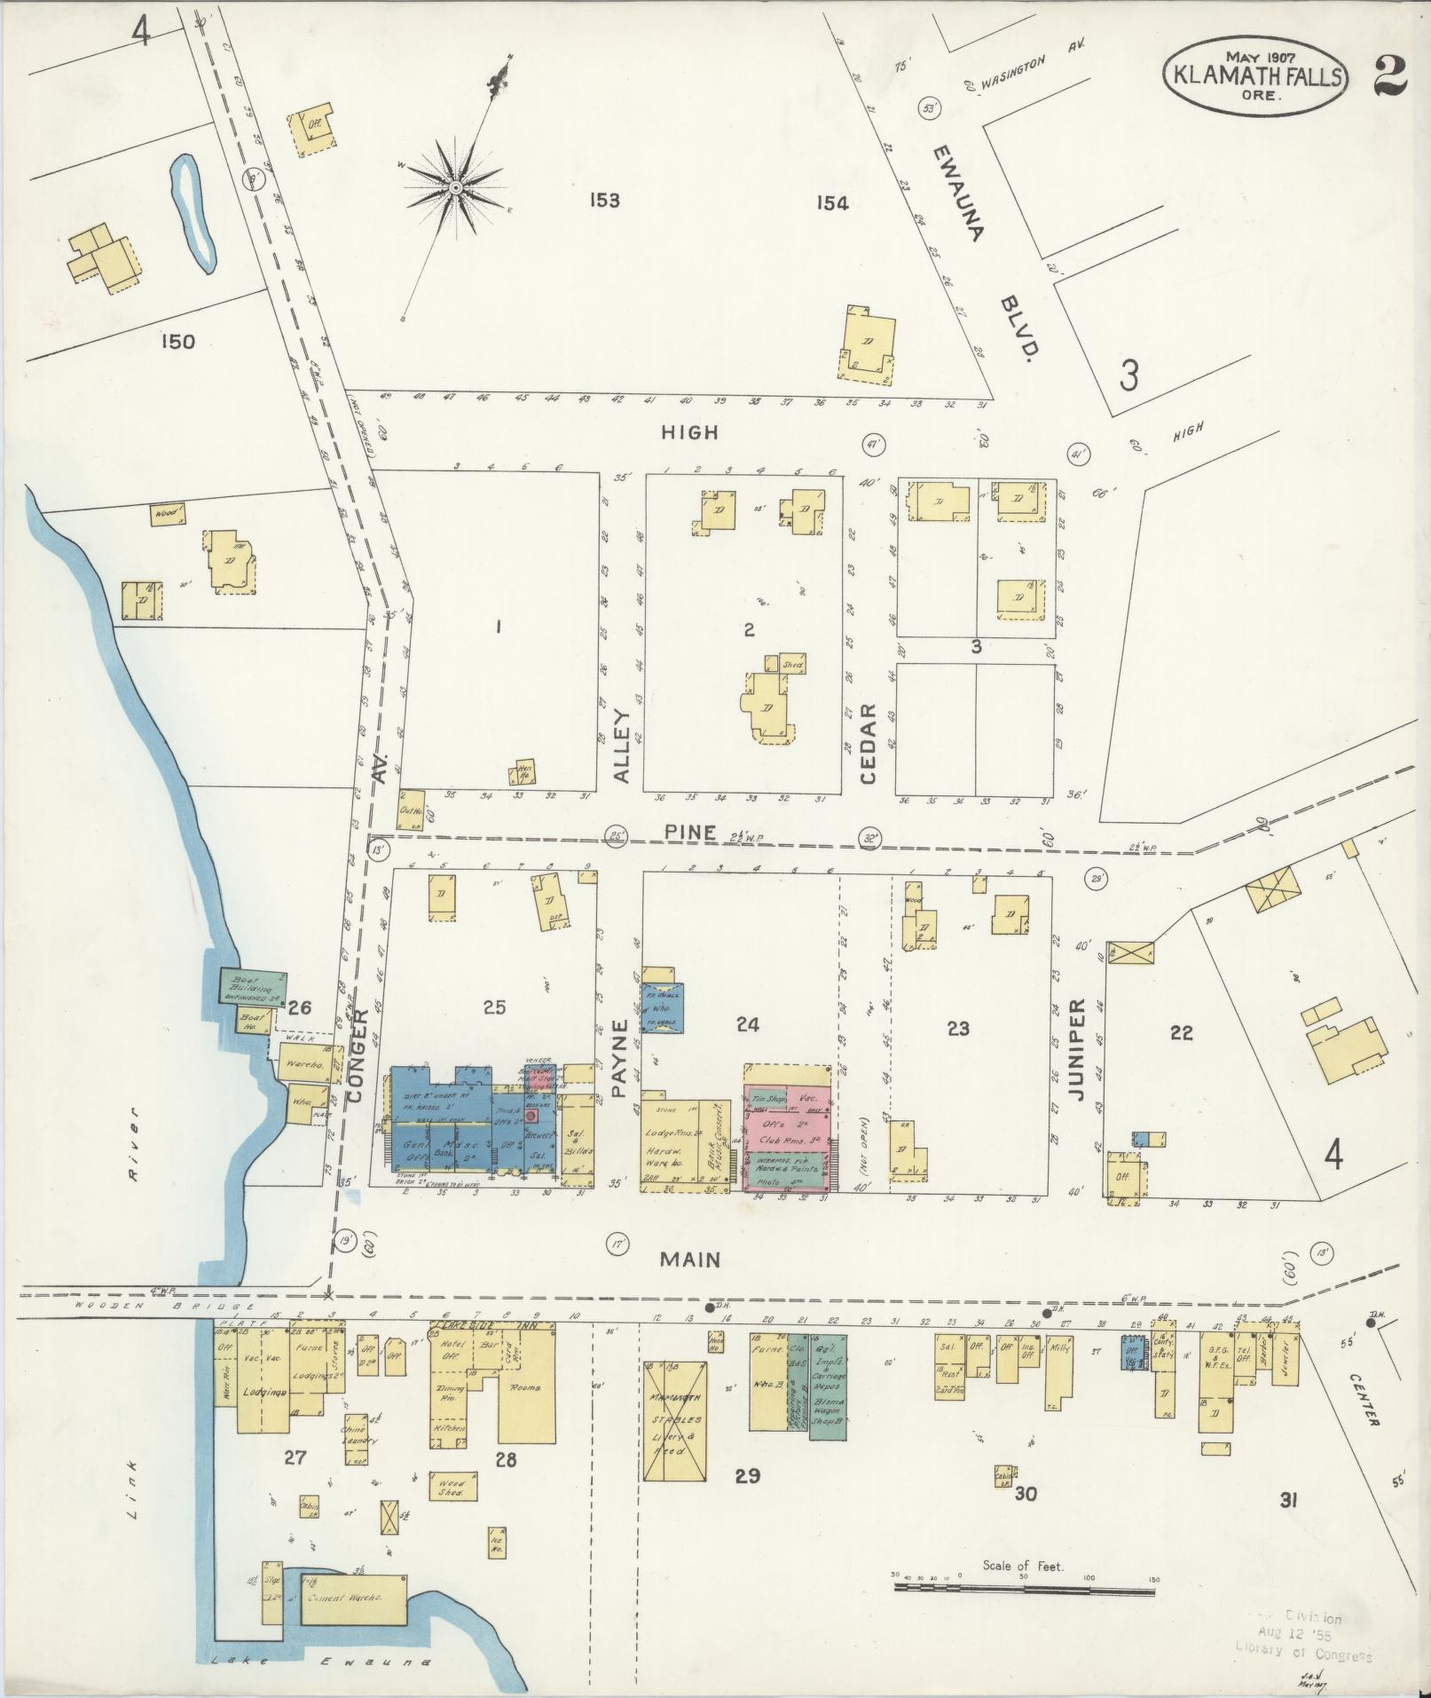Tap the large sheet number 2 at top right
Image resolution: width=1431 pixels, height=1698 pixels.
point(1391,75)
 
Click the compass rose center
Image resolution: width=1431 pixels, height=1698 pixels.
point(455,187)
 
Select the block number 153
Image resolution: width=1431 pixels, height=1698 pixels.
point(603,201)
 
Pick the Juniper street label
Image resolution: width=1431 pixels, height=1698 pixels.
point(1078,1050)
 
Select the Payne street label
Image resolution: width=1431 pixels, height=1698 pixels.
point(620,1059)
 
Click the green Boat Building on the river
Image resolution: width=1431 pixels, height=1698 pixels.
point(253,985)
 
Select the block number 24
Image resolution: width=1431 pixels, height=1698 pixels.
point(748,1024)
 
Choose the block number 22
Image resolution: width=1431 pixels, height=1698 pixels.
point(1181,1032)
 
